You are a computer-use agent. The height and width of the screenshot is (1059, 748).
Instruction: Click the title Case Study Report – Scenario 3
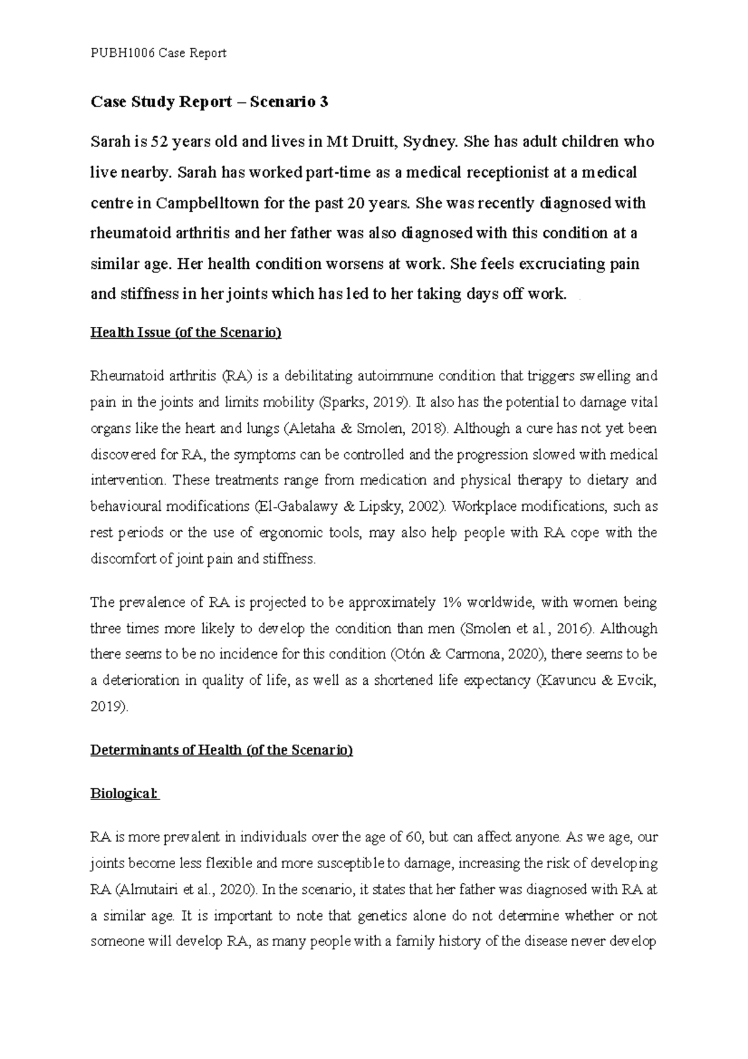[209, 102]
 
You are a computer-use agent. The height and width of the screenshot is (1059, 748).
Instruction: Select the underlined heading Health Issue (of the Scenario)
[186, 332]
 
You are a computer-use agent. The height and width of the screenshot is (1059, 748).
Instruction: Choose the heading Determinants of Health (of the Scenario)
[221, 750]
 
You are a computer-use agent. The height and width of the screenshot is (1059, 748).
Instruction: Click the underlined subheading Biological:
[125, 794]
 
